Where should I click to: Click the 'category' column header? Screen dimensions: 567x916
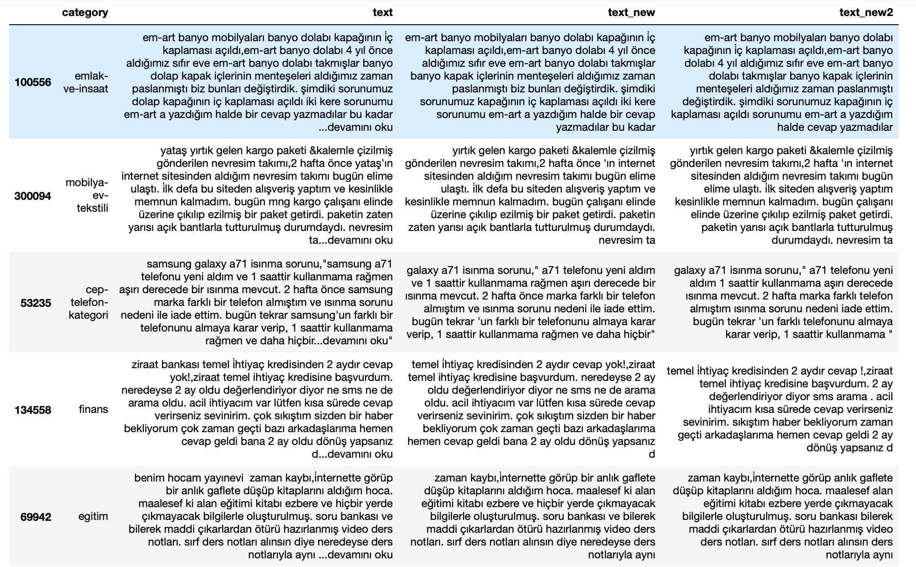pyautogui.click(x=85, y=12)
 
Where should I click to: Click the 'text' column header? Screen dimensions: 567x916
pyautogui.click(x=383, y=12)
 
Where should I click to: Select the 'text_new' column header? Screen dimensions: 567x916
pyautogui.click(x=631, y=12)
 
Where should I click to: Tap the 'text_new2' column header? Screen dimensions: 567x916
pyautogui.click(x=866, y=12)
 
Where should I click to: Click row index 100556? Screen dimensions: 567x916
pyautogui.click(x=33, y=82)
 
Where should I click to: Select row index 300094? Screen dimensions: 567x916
pyautogui.click(x=33, y=196)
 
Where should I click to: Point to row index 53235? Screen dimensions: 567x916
pyautogui.click(x=36, y=303)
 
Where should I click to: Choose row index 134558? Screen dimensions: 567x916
pyautogui.click(x=33, y=410)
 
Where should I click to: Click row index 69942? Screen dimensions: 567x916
pyautogui.click(x=36, y=517)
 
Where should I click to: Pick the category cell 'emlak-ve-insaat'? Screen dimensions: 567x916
pyautogui.click(x=86, y=82)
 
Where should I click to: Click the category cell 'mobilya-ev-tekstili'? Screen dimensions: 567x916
pyautogui.click(x=87, y=196)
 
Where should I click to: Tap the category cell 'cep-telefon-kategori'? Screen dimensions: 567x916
pyautogui.click(x=89, y=302)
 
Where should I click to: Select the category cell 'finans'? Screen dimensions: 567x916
pyautogui.click(x=93, y=409)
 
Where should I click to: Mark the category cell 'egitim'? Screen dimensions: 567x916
pyautogui.click(x=93, y=517)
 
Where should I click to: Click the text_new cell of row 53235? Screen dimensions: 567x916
pyautogui.click(x=531, y=302)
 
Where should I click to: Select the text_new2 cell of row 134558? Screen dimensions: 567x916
pyautogui.click(x=780, y=409)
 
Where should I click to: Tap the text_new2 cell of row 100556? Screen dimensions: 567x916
pyautogui.click(x=782, y=82)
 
